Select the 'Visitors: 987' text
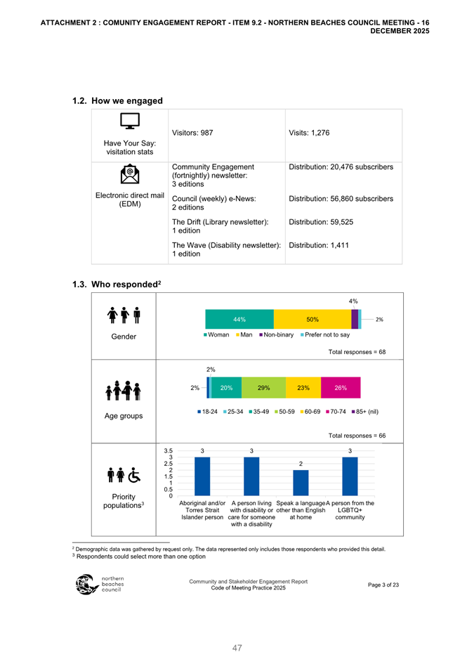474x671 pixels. (x=192, y=133)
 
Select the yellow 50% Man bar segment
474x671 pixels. (x=312, y=319)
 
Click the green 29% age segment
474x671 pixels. (x=264, y=387)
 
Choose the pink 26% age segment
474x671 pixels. (x=341, y=387)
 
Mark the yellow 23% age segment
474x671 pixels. (x=304, y=387)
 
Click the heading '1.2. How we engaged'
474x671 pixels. (x=117, y=100)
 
